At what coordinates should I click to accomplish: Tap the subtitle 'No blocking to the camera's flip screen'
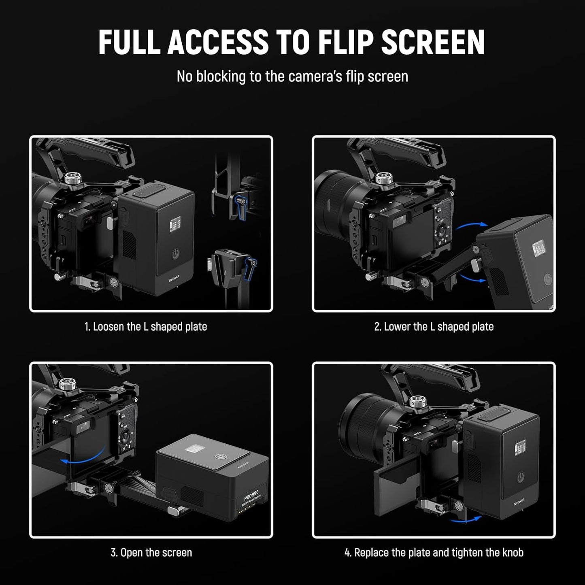[x=292, y=77]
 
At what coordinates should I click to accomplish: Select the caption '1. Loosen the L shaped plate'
[x=146, y=327]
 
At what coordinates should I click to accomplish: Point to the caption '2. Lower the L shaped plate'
[x=434, y=327]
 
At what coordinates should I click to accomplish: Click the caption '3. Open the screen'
[x=151, y=553]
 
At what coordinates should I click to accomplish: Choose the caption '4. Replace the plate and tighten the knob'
[x=434, y=553]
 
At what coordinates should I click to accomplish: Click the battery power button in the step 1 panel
[x=176, y=254]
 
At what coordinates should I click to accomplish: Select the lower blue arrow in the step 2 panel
[x=471, y=278]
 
